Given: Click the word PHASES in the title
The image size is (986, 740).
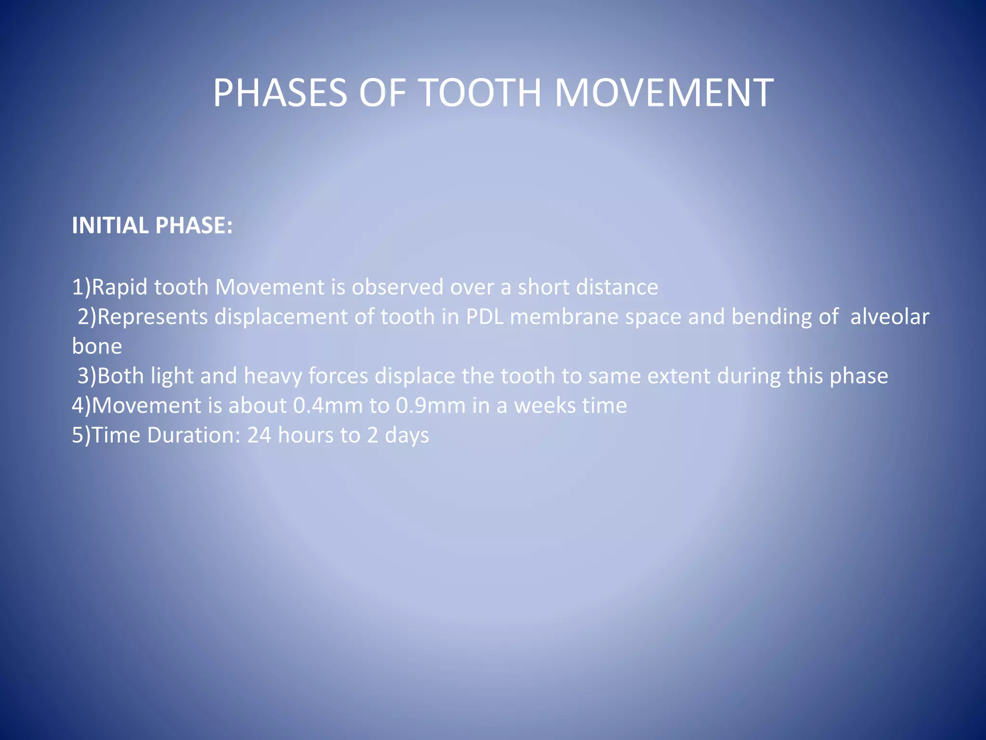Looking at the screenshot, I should (280, 92).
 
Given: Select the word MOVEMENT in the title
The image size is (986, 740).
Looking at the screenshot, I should (664, 92).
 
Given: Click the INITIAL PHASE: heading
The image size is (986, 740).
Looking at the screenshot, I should (152, 225).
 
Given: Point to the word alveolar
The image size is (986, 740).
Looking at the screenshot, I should (890, 317).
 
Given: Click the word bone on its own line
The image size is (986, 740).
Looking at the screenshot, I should (97, 346).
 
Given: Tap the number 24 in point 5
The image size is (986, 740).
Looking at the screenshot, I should (259, 435).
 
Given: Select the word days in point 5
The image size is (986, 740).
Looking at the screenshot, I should (407, 435).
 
